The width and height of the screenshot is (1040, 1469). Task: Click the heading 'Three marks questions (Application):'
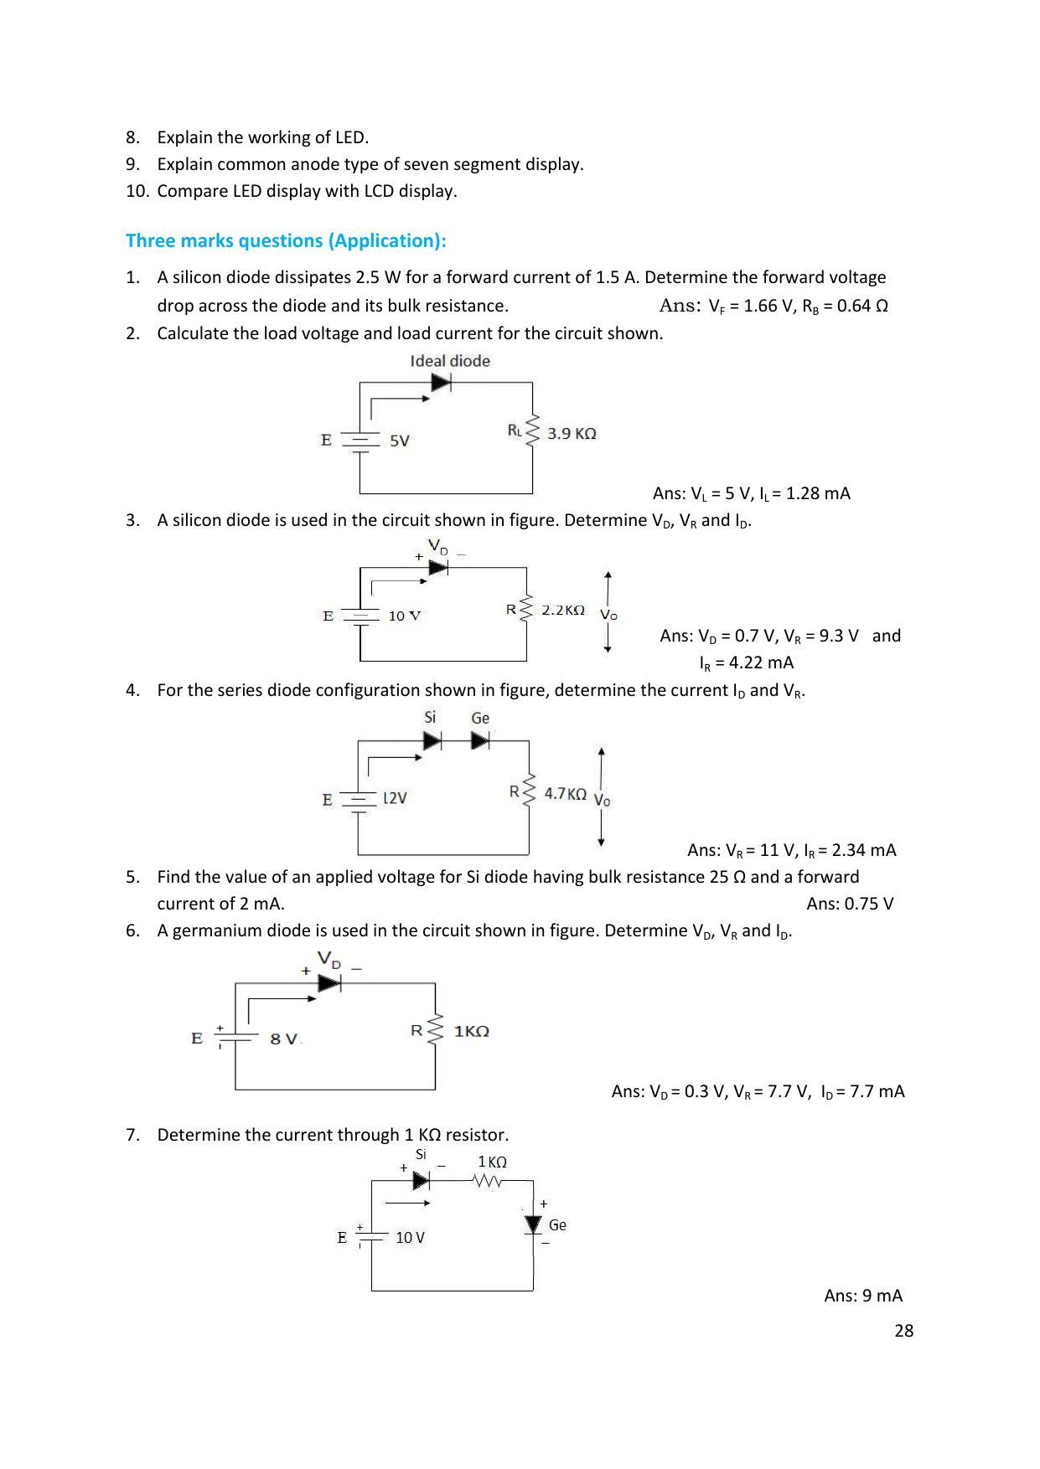pyautogui.click(x=286, y=241)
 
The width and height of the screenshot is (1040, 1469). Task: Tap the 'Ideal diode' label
pyautogui.click(x=450, y=361)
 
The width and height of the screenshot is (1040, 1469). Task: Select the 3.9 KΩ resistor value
pyautogui.click(x=572, y=433)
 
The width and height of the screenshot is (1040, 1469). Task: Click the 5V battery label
pyautogui.click(x=400, y=441)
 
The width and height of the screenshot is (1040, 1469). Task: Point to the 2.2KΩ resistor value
pyautogui.click(x=563, y=611)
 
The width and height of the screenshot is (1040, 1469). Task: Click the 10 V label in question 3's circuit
pyautogui.click(x=404, y=616)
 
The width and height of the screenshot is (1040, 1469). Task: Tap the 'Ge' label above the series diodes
pyautogui.click(x=480, y=718)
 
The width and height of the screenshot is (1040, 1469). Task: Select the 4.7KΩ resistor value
pyautogui.click(x=565, y=793)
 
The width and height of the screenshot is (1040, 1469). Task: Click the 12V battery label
pyautogui.click(x=395, y=798)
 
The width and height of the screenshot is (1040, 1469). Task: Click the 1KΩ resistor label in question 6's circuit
pyautogui.click(x=471, y=1031)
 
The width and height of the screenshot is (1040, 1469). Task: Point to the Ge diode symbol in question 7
pyautogui.click(x=533, y=1225)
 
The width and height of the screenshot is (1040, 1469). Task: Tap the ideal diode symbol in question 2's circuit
pyautogui.click(x=441, y=383)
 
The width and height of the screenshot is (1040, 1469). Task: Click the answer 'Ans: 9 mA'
pyautogui.click(x=863, y=1296)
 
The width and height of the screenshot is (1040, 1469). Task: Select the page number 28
pyautogui.click(x=903, y=1331)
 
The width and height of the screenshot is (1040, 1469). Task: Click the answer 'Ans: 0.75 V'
pyautogui.click(x=850, y=904)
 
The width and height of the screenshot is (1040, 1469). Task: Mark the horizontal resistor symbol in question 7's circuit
pyautogui.click(x=488, y=1181)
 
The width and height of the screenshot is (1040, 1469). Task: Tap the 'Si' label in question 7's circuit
pyautogui.click(x=421, y=1154)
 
